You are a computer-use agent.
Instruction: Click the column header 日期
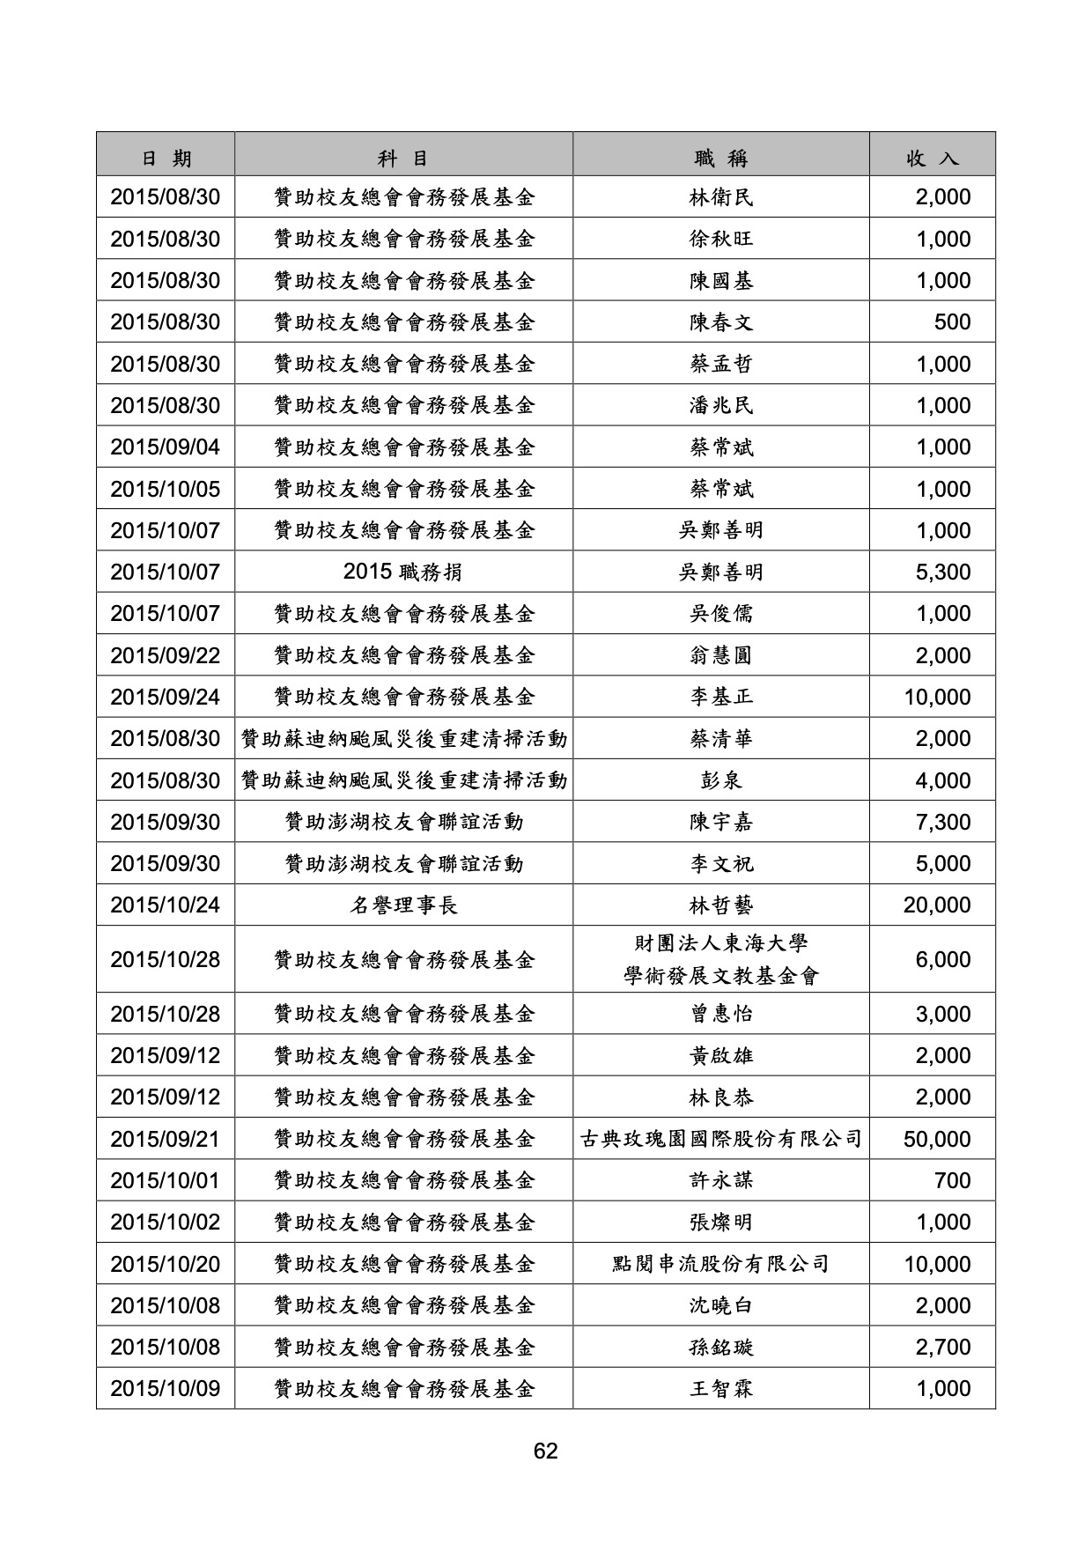(x=166, y=159)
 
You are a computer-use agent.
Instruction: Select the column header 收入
(x=933, y=159)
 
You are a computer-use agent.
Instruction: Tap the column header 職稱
(x=721, y=159)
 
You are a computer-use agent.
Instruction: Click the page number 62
(x=545, y=1451)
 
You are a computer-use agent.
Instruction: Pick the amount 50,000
(x=937, y=1140)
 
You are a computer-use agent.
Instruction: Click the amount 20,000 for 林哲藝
(x=937, y=905)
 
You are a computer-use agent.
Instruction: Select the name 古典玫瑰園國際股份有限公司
(x=721, y=1140)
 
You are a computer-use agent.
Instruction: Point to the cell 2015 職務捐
(x=403, y=573)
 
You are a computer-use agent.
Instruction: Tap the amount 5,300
(x=943, y=573)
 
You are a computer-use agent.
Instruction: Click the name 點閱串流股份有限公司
(x=721, y=1265)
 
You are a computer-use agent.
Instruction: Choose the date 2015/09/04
(x=166, y=447)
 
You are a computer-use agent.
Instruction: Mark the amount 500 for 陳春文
(x=952, y=322)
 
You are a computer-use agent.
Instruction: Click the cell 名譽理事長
(x=403, y=905)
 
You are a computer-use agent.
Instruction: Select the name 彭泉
(x=721, y=781)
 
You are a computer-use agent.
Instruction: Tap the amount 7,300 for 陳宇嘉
(x=943, y=823)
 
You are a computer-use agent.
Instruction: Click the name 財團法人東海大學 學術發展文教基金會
(x=721, y=960)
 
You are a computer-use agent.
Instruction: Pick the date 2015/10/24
(x=166, y=905)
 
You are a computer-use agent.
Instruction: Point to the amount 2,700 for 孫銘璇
(x=943, y=1348)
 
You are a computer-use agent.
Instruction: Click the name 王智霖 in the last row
(x=721, y=1389)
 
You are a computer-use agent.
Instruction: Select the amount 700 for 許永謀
(x=952, y=1181)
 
